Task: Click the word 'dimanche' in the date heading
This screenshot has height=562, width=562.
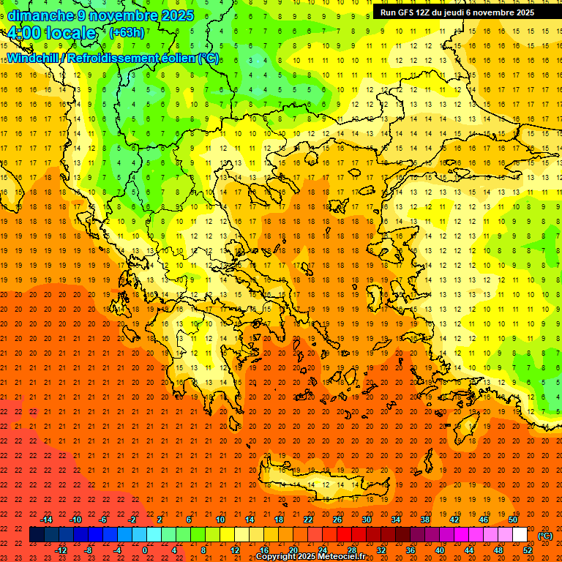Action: pyautogui.click(x=38, y=15)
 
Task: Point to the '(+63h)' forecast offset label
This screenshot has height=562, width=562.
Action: pyautogui.click(x=127, y=32)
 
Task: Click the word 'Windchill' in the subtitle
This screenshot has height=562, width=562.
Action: pyautogui.click(x=34, y=58)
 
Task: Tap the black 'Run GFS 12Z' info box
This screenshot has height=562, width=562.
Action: pyautogui.click(x=467, y=12)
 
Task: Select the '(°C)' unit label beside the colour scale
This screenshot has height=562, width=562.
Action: pyautogui.click(x=544, y=536)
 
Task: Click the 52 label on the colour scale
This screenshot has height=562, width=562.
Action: pyautogui.click(x=528, y=550)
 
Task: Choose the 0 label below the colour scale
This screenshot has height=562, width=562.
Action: pyautogui.click(x=145, y=550)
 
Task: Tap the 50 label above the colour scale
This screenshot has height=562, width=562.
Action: pyautogui.click(x=513, y=520)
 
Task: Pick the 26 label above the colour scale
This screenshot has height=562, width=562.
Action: pyautogui.click(x=337, y=520)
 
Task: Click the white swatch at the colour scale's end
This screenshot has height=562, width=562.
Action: pyautogui.click(x=520, y=535)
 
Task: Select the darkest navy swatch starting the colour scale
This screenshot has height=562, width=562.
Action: pyautogui.click(x=37, y=535)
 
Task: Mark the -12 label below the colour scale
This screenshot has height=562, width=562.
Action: pyautogui.click(x=61, y=550)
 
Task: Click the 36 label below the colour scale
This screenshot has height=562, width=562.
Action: pyautogui.click(x=411, y=550)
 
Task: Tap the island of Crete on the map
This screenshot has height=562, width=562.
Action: pyautogui.click(x=322, y=484)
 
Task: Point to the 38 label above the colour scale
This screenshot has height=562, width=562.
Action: pyautogui.click(x=425, y=520)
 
